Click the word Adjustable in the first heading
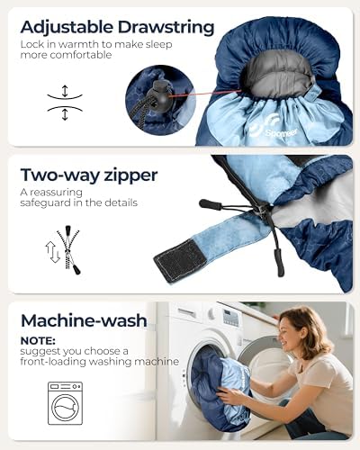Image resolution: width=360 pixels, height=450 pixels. point(67,28)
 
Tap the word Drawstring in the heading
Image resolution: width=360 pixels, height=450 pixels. point(166,27)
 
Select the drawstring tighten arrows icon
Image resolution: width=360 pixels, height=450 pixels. point(65,103)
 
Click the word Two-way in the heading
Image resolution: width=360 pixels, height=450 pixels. point(60,175)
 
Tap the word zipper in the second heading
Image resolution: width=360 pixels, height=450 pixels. point(130,175)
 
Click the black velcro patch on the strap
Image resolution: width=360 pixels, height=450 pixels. point(181,261)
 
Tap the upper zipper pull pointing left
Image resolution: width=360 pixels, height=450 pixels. point(211,204)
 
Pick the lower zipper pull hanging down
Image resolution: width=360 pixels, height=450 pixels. point(278,262)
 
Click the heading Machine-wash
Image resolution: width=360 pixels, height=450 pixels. point(84,320)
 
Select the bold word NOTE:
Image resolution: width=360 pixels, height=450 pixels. point(38,341)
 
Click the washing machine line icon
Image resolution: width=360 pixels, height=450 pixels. point(65,403)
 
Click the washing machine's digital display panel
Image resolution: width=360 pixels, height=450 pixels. point(231,318)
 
